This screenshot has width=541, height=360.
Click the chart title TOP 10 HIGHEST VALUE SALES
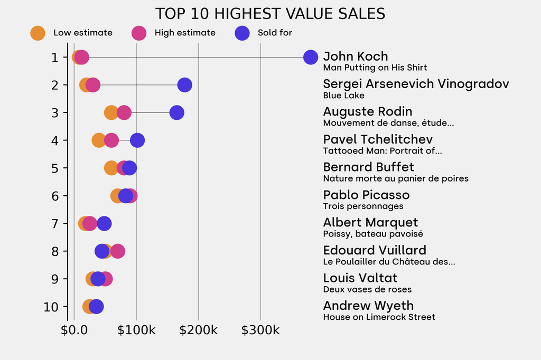(270, 13)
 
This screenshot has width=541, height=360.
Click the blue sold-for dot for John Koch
(311, 57)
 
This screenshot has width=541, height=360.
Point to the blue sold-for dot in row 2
(184, 84)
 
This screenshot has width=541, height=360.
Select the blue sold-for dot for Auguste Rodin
(176, 112)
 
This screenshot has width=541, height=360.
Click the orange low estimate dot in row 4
(99, 140)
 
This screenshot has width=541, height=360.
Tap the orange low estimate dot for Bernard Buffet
(111, 168)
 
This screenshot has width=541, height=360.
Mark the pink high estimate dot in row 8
(118, 251)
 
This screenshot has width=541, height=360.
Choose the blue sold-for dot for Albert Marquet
(104, 223)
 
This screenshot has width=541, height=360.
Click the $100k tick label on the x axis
(136, 330)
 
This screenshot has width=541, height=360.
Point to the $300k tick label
(260, 330)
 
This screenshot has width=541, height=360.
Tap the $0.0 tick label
(74, 330)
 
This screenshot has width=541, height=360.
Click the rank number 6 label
(55, 196)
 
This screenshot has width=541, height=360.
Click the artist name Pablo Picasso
(366, 195)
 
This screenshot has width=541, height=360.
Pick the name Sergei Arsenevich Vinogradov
(416, 84)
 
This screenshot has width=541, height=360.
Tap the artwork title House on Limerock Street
(379, 317)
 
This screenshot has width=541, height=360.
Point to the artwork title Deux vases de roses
(367, 289)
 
